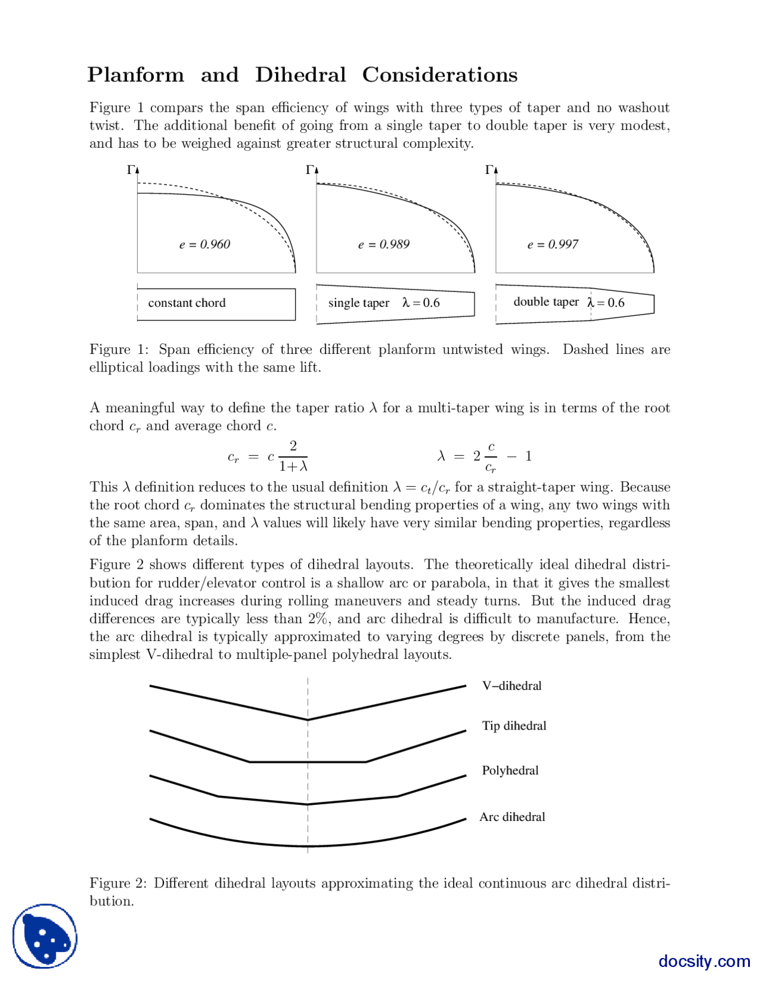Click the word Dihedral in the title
click(x=300, y=75)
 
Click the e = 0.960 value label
click(x=204, y=245)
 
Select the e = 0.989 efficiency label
click(x=384, y=245)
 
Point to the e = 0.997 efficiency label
click(x=552, y=245)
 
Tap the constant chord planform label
click(x=186, y=303)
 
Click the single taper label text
click(x=359, y=303)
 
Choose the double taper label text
click(x=546, y=302)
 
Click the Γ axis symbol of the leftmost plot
click(x=131, y=170)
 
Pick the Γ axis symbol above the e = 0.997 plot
click(x=489, y=170)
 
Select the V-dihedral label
click(x=512, y=686)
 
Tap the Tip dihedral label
click(x=514, y=725)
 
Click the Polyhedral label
click(x=510, y=770)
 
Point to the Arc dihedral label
click(x=512, y=817)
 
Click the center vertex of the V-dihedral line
click(x=308, y=719)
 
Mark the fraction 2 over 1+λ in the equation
click(x=293, y=456)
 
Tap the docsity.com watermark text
click(x=704, y=960)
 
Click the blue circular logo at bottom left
click(x=45, y=936)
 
